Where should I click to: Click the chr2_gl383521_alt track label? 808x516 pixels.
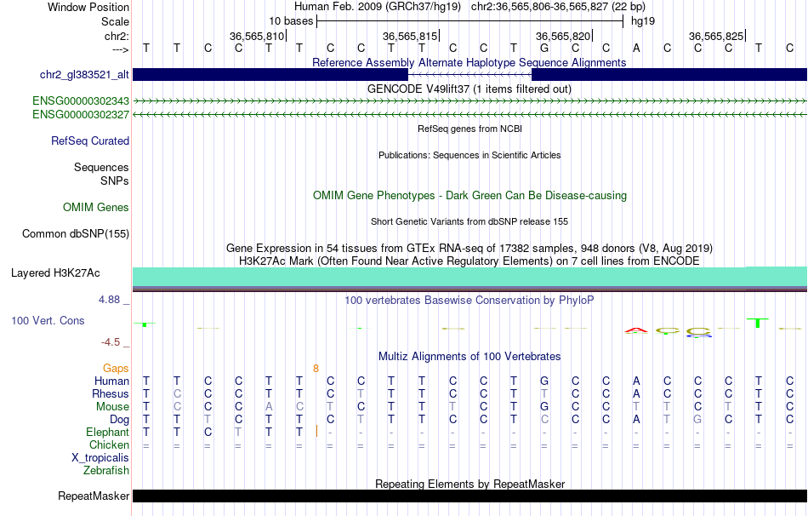coord(84,74)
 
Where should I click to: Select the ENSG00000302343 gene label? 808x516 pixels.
coord(81,100)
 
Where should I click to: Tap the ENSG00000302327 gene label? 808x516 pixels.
coord(81,114)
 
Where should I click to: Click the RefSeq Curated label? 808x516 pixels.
coord(90,140)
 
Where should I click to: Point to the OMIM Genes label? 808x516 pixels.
coord(96,208)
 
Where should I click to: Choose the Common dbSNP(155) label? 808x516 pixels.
coord(76,234)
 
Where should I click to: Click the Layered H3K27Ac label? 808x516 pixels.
coord(55,273)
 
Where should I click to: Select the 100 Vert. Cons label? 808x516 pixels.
coord(48,320)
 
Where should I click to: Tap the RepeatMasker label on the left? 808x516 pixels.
coord(94,496)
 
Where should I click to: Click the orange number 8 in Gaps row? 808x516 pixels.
coord(316,369)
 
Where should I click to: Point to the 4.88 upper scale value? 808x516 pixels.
coord(109,299)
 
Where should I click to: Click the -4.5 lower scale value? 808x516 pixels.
coord(111,342)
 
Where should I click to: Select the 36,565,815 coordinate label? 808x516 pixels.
coord(410,36)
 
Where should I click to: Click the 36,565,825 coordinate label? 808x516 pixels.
coord(716,36)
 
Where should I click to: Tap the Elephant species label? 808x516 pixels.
coord(108,432)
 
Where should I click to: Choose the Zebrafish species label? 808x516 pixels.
coord(106,470)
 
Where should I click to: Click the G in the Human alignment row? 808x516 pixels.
coord(544,381)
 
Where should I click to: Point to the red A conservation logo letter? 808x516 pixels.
coord(636,330)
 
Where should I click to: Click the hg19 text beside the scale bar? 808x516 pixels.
coord(643,21)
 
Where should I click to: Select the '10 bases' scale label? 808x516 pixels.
coord(291,21)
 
